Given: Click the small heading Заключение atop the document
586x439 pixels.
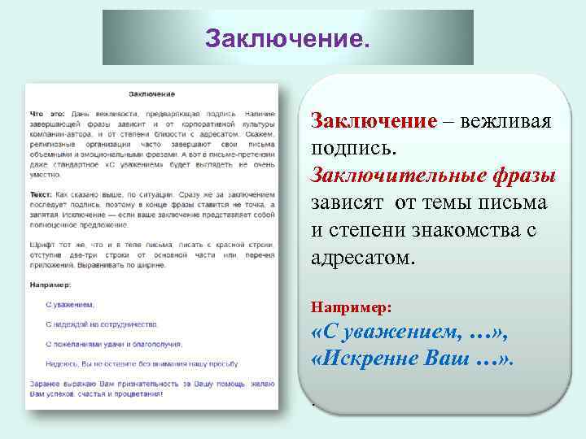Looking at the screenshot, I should pyautogui.click(x=152, y=95).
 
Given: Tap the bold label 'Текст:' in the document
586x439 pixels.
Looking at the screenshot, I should pyautogui.click(x=42, y=196).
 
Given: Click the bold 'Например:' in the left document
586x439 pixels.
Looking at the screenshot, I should pyautogui.click(x=50, y=285).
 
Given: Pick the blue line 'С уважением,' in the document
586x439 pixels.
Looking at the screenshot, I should pyautogui.click(x=70, y=304).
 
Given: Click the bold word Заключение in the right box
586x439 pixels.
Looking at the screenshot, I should pyautogui.click(x=374, y=121).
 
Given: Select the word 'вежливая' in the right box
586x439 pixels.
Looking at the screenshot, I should pyautogui.click(x=506, y=121).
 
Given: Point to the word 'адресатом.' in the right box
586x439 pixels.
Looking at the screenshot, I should pyautogui.click(x=362, y=258).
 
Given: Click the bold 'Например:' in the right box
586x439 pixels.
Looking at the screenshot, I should pyautogui.click(x=352, y=308).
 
